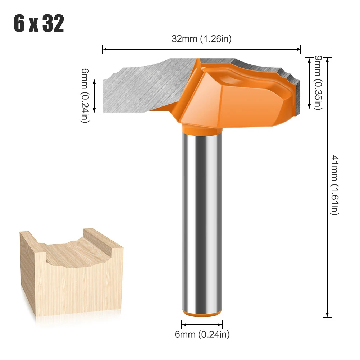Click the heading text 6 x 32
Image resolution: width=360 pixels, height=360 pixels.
click(39, 24)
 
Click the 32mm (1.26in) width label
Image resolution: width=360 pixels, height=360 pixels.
click(201, 39)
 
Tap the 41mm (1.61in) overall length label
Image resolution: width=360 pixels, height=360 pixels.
click(335, 185)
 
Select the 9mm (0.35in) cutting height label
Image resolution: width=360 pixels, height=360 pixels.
click(318, 83)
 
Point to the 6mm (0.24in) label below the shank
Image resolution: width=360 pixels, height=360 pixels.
click(202, 334)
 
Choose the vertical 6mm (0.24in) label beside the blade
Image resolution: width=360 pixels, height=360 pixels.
click(84, 96)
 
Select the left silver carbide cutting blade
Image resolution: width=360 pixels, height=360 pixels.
click(144, 88)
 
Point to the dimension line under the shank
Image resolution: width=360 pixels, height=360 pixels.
click(202, 324)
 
